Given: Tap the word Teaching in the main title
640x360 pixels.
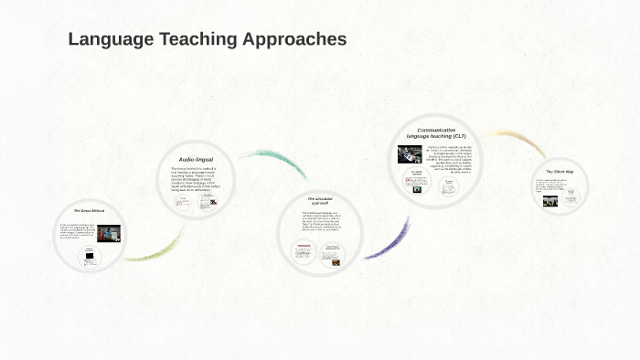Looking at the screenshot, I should pos(195,39).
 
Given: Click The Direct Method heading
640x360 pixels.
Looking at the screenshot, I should pos(90,210).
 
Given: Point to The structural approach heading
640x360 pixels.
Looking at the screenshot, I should pos(319,200).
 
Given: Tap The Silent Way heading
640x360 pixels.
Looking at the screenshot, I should pos(560,171).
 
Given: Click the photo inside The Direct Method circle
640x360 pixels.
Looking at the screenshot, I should pos(108,233).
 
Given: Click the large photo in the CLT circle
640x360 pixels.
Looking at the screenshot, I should pos(410,154).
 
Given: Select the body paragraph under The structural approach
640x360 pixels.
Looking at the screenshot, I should pos(320,222).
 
